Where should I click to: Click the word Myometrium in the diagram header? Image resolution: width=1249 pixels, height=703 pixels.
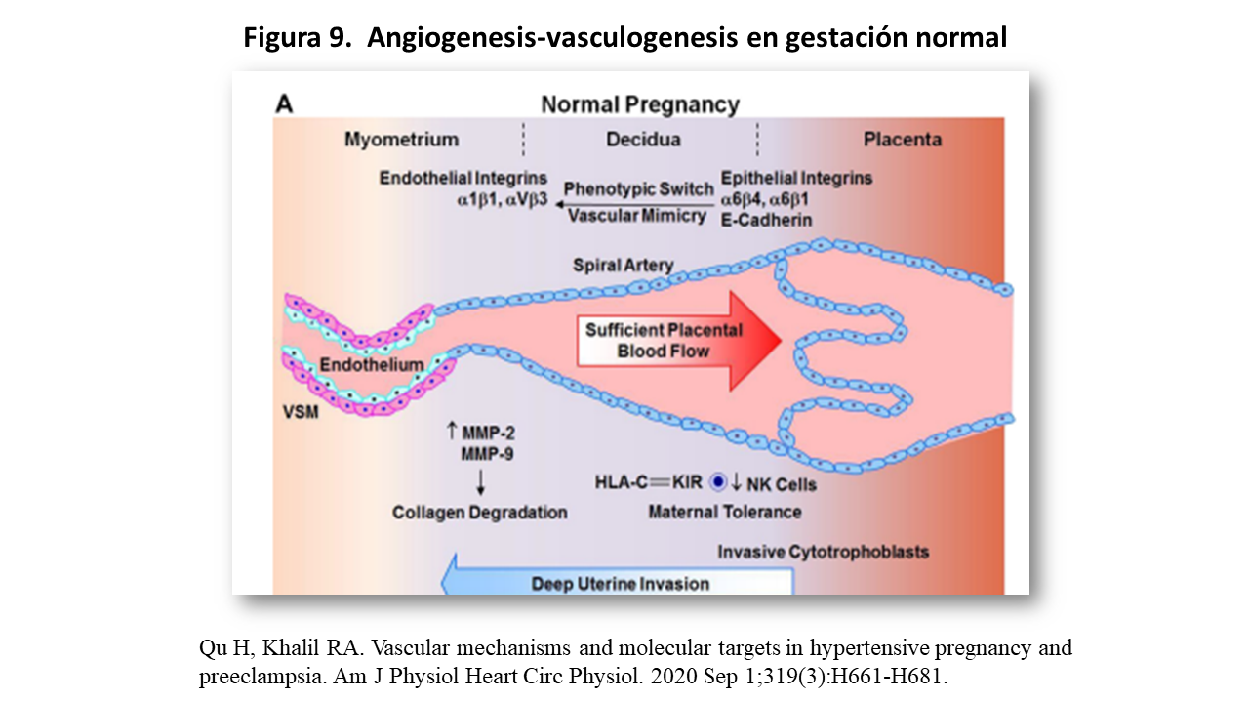click(401, 140)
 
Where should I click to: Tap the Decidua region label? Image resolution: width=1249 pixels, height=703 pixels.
click(643, 140)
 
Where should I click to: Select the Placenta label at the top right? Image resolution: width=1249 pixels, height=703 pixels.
click(903, 140)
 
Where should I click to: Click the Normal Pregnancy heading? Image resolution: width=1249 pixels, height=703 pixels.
click(640, 104)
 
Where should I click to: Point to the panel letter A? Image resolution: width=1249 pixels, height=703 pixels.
click(284, 103)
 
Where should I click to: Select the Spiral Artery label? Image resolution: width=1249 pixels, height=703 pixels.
click(623, 266)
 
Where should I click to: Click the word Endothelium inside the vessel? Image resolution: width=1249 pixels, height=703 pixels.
click(372, 365)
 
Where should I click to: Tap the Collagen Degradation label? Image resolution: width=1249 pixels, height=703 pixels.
click(480, 512)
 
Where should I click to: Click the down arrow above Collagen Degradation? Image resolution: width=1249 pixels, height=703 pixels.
click(480, 481)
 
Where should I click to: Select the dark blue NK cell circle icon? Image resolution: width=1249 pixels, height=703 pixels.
click(719, 481)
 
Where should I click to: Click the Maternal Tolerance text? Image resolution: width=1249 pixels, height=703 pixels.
click(725, 512)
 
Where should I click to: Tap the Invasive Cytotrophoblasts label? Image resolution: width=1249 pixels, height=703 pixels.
click(824, 552)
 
